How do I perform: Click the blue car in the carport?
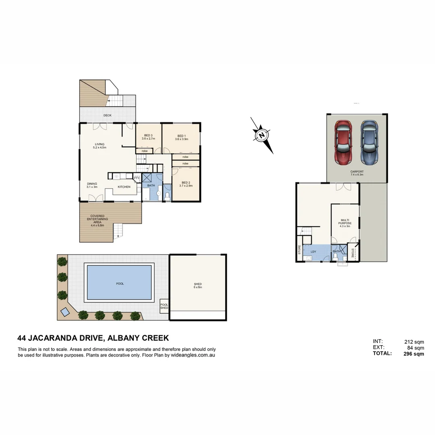click(370, 143)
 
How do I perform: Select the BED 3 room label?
click(148, 137)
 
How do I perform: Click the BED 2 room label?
click(186, 184)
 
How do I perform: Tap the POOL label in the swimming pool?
click(120, 284)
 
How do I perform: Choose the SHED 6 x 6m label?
click(197, 286)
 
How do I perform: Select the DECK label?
click(107, 116)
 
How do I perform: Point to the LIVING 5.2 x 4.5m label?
click(99, 146)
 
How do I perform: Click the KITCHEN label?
click(124, 187)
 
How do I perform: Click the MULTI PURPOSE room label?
click(345, 223)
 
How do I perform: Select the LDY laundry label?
click(313, 252)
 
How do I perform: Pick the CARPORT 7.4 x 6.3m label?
click(356, 173)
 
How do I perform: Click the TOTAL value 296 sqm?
click(414, 354)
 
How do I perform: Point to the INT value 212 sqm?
click(414, 342)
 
